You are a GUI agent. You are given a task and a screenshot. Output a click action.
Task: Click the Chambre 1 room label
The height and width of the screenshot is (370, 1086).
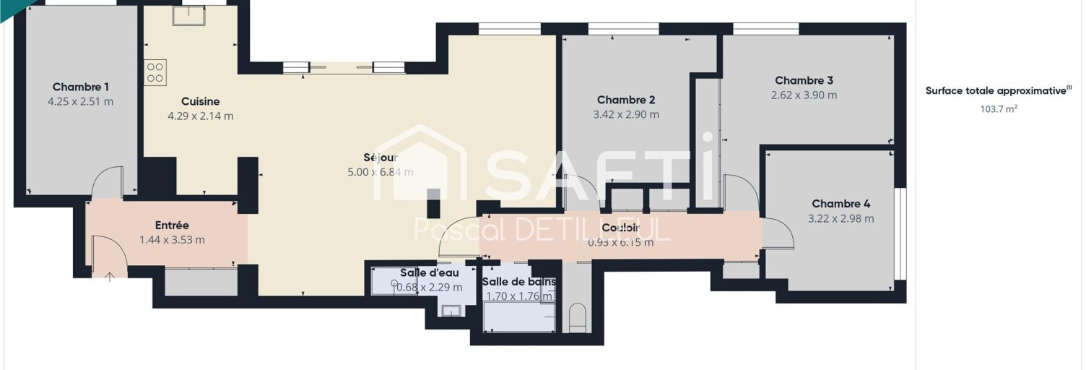pos(80,87)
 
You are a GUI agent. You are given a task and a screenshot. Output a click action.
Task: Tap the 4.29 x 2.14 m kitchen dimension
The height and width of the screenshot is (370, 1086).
pos(200,116)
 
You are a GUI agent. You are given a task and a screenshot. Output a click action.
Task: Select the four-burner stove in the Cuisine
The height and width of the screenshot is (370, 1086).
pos(155,73)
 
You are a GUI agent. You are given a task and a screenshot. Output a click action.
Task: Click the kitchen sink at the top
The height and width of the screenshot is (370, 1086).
pos(188,16)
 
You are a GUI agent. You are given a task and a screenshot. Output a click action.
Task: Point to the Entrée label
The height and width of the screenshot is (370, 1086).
pos(172,225)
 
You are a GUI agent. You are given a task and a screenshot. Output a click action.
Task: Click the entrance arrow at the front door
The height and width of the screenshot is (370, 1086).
pos(110,277)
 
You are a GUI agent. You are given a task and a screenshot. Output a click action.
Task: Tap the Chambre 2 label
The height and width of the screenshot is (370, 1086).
pos(626,100)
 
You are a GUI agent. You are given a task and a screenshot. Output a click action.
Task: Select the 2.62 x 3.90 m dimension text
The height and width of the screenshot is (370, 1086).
pos(804,95)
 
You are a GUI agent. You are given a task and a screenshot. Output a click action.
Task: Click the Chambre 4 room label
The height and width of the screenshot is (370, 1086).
pos(841,205)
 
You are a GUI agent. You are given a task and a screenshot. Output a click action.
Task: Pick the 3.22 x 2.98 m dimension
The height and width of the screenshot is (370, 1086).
pos(841,219)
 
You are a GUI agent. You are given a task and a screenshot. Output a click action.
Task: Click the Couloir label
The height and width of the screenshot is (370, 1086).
pos(620,228)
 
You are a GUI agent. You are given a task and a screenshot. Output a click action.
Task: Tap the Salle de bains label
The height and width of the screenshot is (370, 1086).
pos(518,282)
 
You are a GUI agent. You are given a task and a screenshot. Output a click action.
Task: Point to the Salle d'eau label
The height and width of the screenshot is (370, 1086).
pos(429,273)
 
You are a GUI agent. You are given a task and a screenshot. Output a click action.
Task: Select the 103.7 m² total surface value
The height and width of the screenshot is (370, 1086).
pos(999,109)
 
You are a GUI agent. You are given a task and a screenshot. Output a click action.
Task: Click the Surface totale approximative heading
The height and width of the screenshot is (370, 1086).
pos(998,90)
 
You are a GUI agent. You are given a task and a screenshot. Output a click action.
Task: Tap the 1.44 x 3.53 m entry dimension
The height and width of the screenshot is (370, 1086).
pos(172,240)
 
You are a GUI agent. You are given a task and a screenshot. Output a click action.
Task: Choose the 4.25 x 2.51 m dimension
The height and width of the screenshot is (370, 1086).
pos(80,102)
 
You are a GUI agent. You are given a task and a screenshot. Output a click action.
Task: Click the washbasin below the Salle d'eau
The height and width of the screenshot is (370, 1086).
pos(451,311)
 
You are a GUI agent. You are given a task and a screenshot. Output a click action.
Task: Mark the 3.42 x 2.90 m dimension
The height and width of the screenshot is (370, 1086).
pos(626,115)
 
